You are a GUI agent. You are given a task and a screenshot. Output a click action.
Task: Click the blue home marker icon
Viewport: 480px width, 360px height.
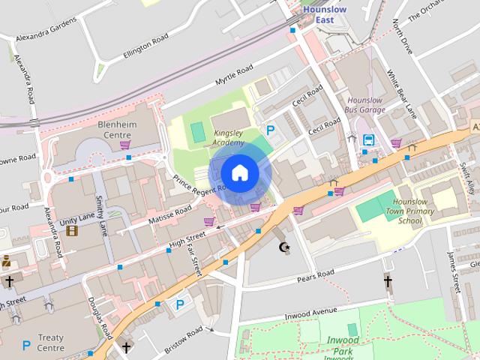[x=239, y=173]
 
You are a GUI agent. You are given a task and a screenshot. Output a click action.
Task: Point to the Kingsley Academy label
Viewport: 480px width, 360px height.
[x=228, y=137]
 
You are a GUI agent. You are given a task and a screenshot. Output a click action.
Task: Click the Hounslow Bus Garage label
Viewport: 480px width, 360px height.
[x=366, y=104]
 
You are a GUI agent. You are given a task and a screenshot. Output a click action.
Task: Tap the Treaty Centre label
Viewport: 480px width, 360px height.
[x=51, y=343]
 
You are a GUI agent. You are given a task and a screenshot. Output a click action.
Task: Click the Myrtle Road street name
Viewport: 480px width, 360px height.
[x=234, y=74]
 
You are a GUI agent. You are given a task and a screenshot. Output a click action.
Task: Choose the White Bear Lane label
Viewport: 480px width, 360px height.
[x=401, y=94]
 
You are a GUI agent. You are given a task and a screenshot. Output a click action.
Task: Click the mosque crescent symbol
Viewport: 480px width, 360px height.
[x=283, y=247]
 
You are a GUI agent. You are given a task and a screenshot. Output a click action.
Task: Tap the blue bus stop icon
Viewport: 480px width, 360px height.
[x=369, y=139]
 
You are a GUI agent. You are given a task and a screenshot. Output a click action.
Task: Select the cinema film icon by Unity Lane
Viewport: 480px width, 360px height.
[x=71, y=230]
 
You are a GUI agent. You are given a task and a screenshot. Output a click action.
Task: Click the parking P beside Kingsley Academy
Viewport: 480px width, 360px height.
[x=271, y=130]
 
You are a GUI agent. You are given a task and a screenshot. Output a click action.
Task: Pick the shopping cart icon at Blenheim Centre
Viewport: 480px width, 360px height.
[x=124, y=144]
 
